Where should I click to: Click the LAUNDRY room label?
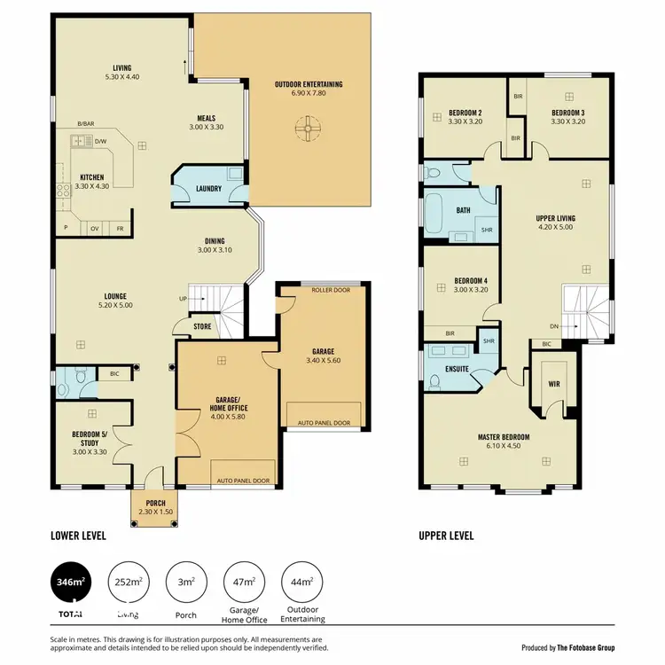[x=209, y=188]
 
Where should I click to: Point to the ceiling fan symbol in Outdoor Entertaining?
[x=309, y=131]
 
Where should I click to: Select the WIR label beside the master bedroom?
[x=554, y=383]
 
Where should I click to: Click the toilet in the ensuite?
[x=434, y=381]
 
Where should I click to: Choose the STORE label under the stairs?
[x=203, y=325]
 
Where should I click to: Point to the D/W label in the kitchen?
[x=100, y=141]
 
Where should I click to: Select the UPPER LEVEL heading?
[x=446, y=536]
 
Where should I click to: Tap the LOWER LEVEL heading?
[x=79, y=536]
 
